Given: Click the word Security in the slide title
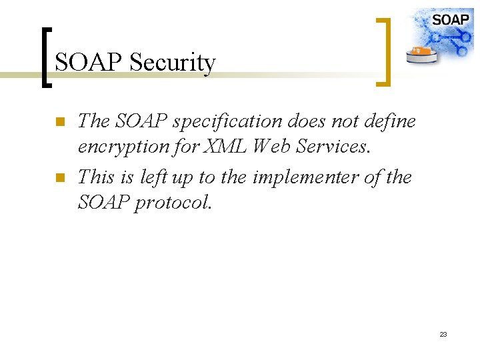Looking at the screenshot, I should pyautogui.click(x=173, y=63).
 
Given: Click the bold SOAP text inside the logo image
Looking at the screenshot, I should pyautogui.click(x=450, y=19).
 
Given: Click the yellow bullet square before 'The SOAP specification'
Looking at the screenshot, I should pyautogui.click(x=59, y=122).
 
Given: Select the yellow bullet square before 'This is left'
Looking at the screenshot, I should pyautogui.click(x=59, y=178).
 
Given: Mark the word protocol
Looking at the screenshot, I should pyautogui.click(x=173, y=202).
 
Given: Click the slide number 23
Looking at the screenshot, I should pyautogui.click(x=443, y=334).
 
